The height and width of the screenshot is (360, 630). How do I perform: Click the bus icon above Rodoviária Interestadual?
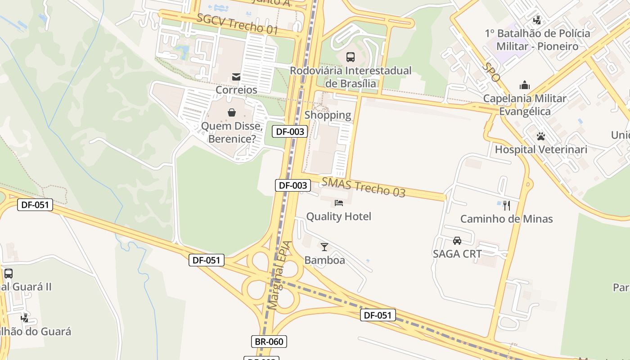click(x=350, y=57)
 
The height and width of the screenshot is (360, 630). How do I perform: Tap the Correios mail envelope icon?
click(x=236, y=77)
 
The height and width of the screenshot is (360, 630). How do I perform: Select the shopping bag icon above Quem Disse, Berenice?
click(x=232, y=112)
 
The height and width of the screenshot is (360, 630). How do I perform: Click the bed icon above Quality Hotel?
click(x=339, y=203)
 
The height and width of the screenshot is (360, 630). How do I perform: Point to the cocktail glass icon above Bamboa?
click(x=324, y=247)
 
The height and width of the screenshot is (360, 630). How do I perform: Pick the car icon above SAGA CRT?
click(x=457, y=240)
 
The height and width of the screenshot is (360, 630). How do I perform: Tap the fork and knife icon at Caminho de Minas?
click(x=507, y=206)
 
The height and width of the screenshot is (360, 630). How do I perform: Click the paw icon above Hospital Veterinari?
click(x=541, y=136)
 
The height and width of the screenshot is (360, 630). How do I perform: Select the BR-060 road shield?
click(x=269, y=342)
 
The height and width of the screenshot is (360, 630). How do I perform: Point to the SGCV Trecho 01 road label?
click(x=237, y=23)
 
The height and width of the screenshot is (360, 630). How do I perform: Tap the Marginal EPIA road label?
click(x=280, y=275)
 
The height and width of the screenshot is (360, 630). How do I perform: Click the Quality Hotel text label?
click(x=339, y=216)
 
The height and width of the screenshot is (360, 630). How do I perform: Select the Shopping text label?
click(x=328, y=115)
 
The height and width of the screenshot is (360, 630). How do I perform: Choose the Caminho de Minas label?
click(x=506, y=219)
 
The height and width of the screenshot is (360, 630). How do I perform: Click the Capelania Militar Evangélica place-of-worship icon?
click(x=524, y=85)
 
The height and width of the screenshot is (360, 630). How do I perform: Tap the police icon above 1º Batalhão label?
click(x=537, y=20)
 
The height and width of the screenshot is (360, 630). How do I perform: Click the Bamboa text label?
click(x=325, y=260)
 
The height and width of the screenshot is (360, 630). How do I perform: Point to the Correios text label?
click(x=236, y=90)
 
